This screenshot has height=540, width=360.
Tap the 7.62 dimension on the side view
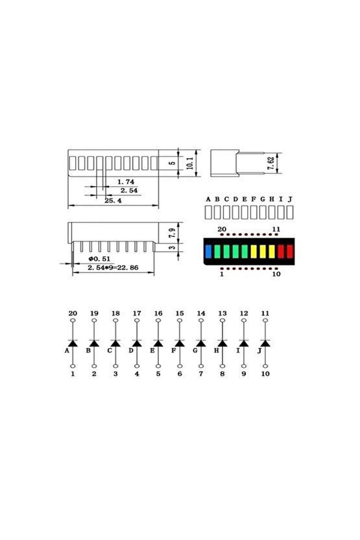pos(270,162)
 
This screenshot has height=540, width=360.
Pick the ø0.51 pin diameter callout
pos(100,259)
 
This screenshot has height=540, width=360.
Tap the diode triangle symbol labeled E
pos(158,342)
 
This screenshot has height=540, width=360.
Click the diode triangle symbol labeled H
pos(222,342)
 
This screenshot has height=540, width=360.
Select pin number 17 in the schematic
pos(137,313)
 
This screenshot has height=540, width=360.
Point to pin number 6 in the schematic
pos(180,374)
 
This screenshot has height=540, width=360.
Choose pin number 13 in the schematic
pos(222,313)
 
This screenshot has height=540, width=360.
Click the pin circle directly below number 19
pos(94,322)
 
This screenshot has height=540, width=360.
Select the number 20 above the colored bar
pos(221,229)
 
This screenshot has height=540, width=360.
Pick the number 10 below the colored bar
pos(276,275)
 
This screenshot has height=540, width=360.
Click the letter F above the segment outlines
pos(254,199)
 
